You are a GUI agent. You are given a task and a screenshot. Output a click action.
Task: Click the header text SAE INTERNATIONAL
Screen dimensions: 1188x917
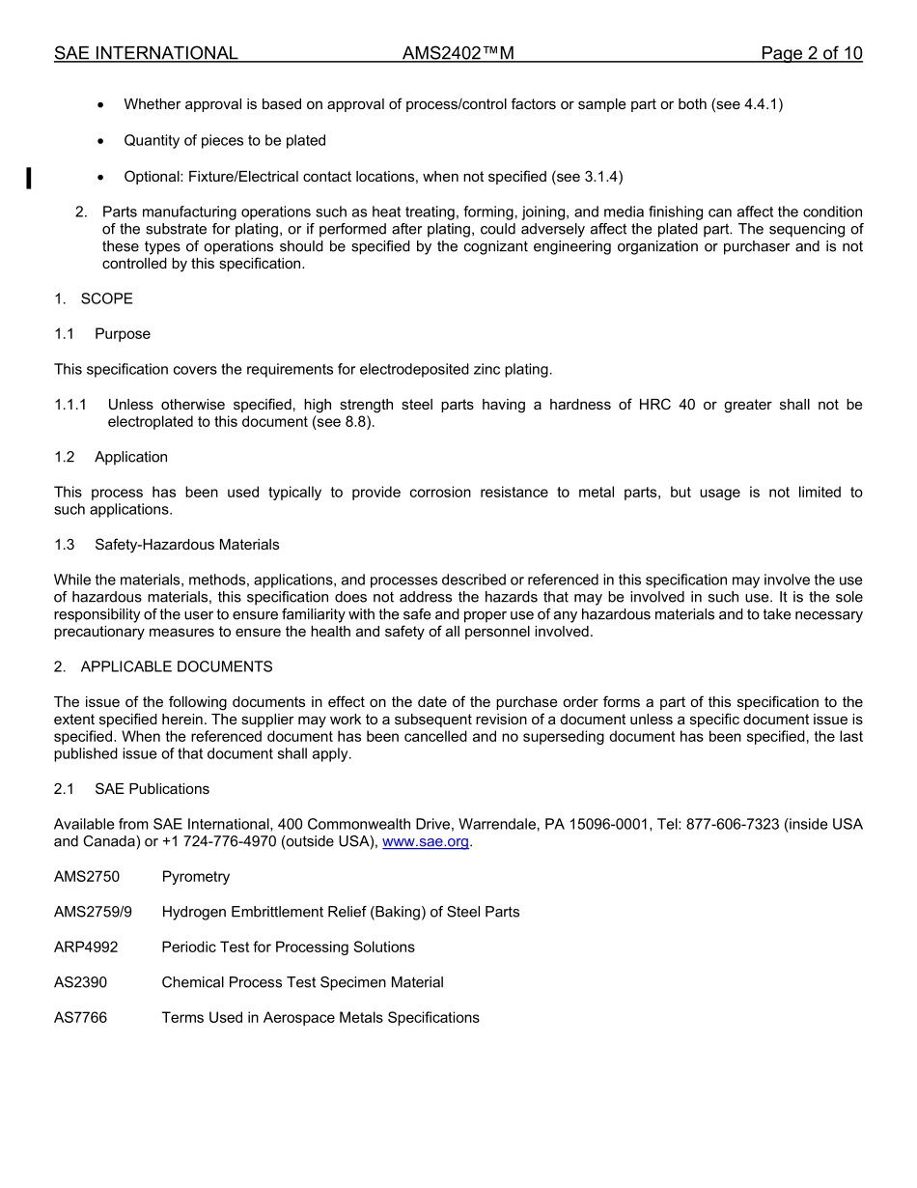pos(146,54)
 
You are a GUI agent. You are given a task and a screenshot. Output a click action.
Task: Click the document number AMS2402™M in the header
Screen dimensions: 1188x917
pos(458,54)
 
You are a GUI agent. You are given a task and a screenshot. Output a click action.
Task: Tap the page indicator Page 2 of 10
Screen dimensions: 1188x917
pos(811,54)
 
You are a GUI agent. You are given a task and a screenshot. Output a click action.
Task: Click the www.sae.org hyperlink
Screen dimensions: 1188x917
pos(426,842)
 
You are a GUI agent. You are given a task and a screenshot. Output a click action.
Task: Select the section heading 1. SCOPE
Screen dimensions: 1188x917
pos(94,299)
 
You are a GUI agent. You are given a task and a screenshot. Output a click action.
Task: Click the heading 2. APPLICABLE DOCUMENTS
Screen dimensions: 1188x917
pos(163,667)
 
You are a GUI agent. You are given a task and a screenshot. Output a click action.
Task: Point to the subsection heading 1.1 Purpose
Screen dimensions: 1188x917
pos(102,334)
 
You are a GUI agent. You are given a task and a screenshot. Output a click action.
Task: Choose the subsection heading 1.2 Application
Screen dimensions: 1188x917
pos(111,458)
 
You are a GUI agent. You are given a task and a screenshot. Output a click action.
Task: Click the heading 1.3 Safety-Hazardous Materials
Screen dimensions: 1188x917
pos(167,546)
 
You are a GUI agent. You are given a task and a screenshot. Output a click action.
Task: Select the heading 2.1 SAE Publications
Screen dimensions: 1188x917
pos(131,790)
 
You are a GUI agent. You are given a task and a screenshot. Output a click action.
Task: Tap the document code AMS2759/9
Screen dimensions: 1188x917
pos(93,913)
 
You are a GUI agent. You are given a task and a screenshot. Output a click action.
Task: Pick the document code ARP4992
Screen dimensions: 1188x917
pos(86,948)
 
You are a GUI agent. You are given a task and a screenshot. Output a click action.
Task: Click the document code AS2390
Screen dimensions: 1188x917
pos(81,983)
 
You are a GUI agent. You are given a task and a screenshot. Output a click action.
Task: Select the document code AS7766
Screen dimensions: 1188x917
pos(81,1018)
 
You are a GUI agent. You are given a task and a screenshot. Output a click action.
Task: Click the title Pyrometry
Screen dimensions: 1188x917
pos(196,878)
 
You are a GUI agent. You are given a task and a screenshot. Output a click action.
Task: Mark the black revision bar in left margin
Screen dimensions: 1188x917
pos(29,178)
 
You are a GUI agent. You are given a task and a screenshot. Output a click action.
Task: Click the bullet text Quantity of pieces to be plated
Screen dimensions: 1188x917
pos(225,141)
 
